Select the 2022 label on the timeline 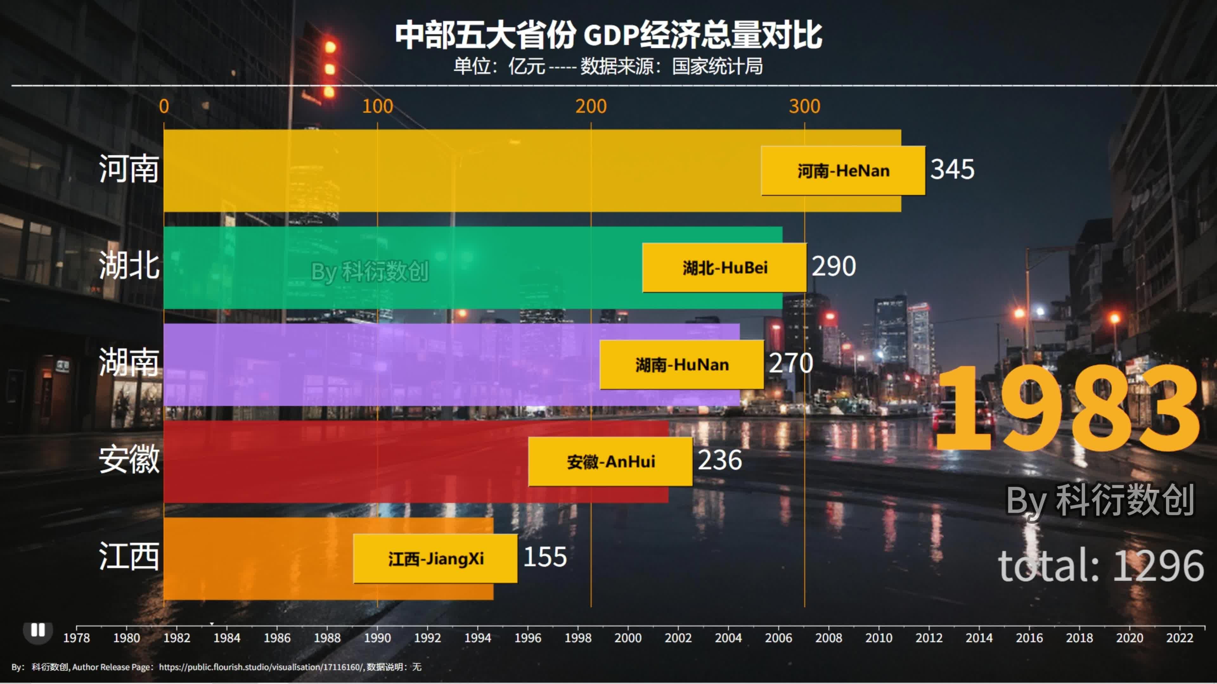pos(1179,638)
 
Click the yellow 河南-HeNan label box pos(843,170)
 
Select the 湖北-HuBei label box pos(724,268)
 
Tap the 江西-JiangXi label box pos(435,558)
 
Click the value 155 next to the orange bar pos(545,557)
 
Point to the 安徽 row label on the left pos(128,459)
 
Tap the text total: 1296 pos(1101,566)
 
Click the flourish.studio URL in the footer pos(261,667)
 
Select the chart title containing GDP pos(608,35)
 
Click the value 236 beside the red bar pos(719,460)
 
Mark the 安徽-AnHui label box pos(610,461)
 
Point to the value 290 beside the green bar pos(834,266)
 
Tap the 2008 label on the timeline pos(828,638)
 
